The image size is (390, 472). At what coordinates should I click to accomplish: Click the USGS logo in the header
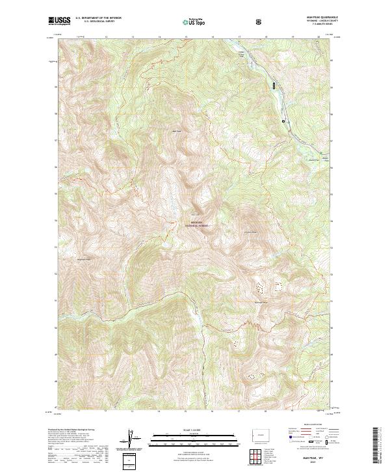(59, 21)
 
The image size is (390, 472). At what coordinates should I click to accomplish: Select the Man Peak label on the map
(175, 131)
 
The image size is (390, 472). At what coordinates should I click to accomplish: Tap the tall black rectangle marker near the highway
(274, 85)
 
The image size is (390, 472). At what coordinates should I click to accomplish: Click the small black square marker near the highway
(283, 120)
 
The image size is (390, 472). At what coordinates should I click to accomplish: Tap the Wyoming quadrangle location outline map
(259, 432)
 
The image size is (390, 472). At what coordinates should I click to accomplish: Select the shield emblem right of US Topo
(259, 21)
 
